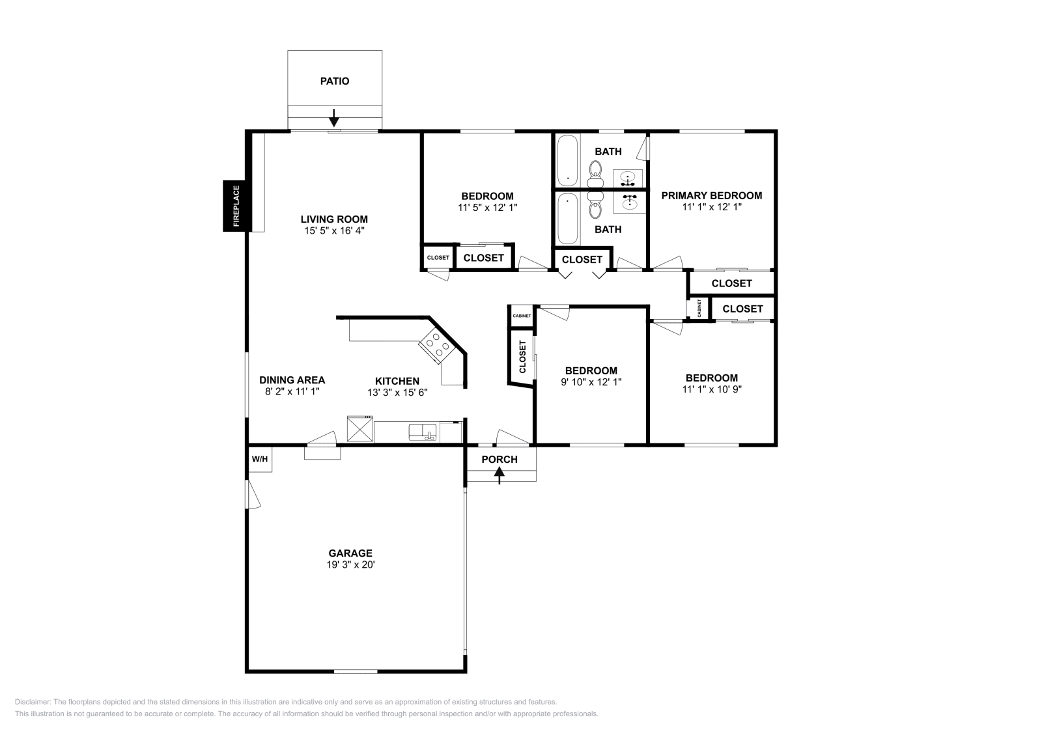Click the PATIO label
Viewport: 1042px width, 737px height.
pos(335,81)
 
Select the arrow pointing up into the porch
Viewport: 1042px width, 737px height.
pos(499,476)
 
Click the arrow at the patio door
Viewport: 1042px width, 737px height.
pos(333,118)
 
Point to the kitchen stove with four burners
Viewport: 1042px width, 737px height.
pos(436,346)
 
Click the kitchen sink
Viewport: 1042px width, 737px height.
pos(423,432)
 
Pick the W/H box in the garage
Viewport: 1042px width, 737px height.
pos(260,460)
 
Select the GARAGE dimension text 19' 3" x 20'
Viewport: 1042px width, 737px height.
pos(350,565)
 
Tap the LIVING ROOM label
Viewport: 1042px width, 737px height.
pos(334,219)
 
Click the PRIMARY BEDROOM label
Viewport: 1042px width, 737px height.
pos(712,196)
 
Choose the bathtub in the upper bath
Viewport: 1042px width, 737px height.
pos(567,160)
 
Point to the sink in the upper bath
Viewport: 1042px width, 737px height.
pos(628,179)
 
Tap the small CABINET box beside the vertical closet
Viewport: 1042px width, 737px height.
pos(522,316)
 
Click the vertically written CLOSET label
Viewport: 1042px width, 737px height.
pos(522,357)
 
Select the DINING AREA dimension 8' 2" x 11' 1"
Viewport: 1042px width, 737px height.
pos(292,391)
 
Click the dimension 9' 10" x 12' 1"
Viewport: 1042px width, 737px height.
pos(591,382)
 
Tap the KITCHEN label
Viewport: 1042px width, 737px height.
pos(397,382)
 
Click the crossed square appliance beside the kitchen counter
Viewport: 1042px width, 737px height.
pos(360,428)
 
